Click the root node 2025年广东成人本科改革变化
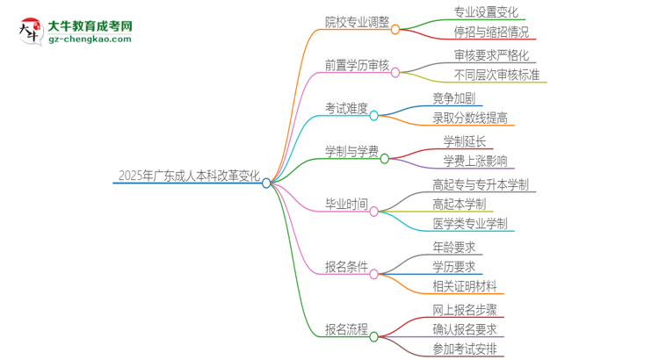[x=187, y=176]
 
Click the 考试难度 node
[x=346, y=109]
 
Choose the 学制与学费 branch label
[x=351, y=151]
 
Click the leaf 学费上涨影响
[x=474, y=160]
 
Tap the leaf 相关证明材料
[x=465, y=286]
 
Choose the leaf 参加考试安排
[x=464, y=349]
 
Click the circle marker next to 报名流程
[x=373, y=336]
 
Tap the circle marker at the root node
[x=266, y=183]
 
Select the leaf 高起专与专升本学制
[x=485, y=184]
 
